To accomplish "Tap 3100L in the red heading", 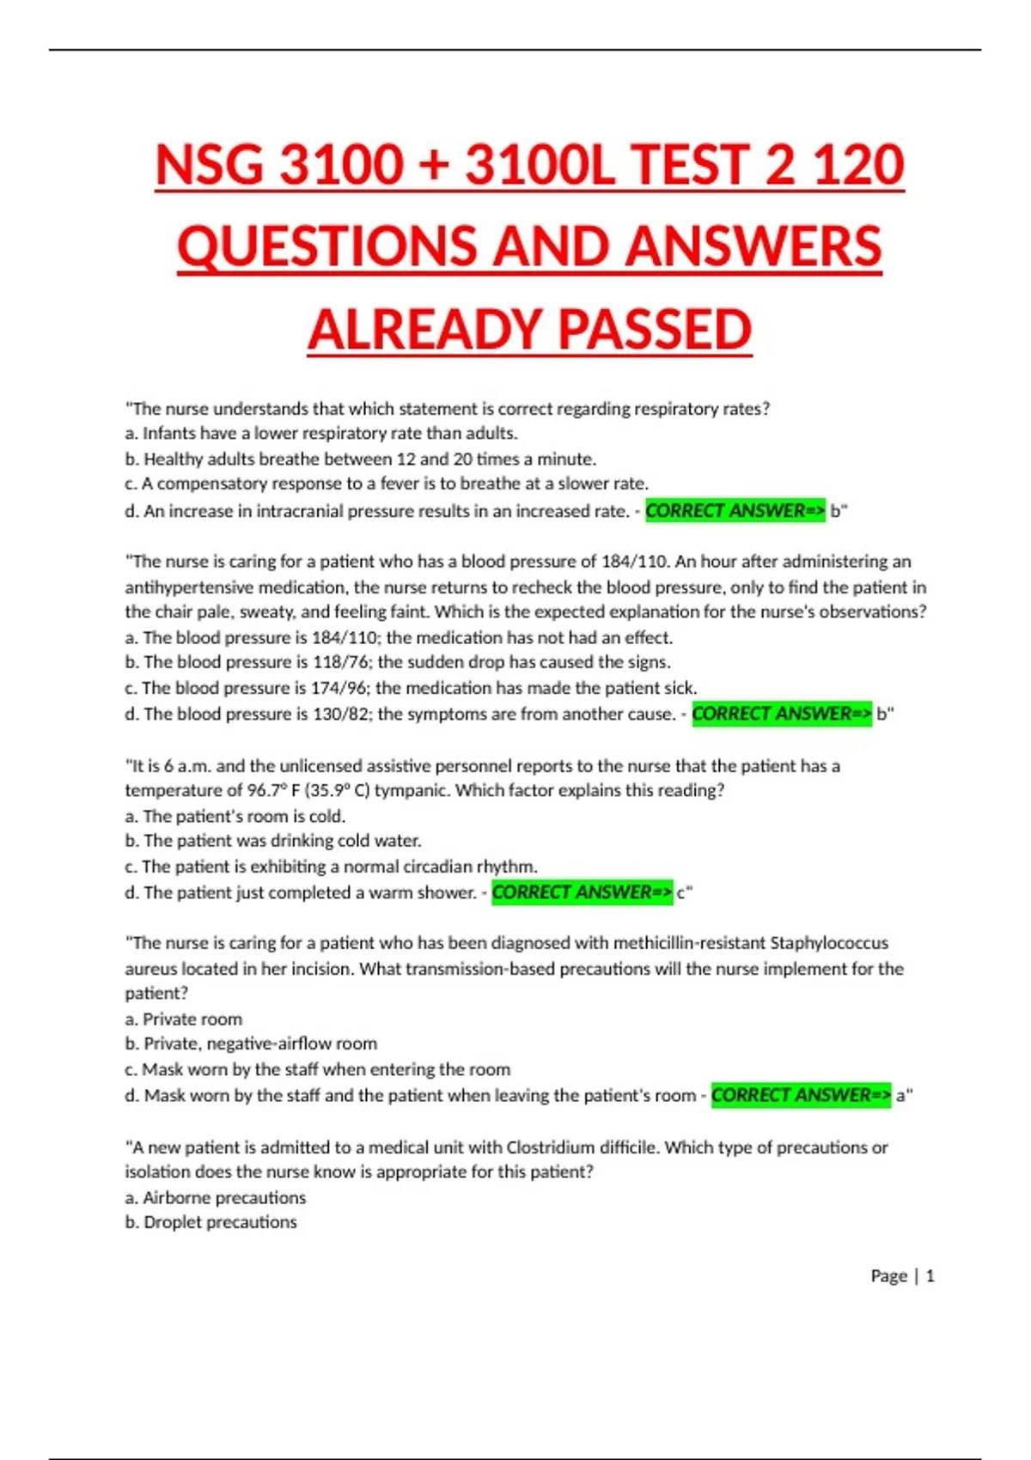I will [x=540, y=165].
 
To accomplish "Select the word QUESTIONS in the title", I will [x=326, y=246].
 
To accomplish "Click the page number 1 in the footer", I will [x=930, y=1276].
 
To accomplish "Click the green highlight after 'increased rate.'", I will [x=735, y=511].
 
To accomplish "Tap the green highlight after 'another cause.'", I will [x=781, y=714].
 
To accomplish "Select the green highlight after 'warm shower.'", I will [x=582, y=892].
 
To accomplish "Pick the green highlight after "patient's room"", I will [x=801, y=1095].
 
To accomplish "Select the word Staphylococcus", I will [x=828, y=943].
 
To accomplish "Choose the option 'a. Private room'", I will [x=184, y=1019].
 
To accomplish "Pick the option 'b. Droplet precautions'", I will [x=211, y=1222].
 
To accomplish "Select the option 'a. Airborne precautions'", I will [x=216, y=1197].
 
